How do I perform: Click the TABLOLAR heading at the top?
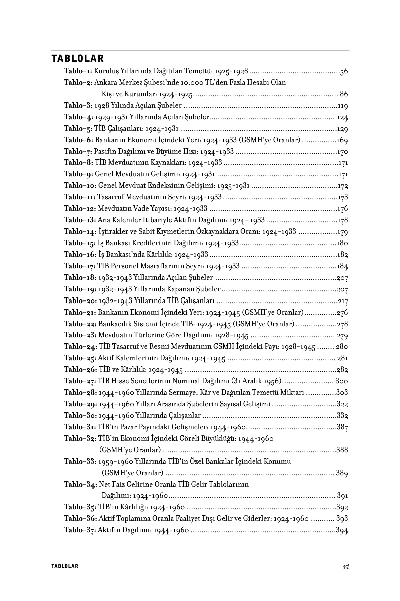77,59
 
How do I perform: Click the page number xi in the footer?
345,566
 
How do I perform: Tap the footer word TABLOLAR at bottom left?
65,566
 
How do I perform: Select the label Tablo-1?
78,71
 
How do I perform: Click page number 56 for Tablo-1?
344,71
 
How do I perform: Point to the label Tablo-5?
78,128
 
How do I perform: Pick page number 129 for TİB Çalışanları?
342,128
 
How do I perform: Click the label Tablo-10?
80,185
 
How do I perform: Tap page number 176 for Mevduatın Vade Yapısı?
342,208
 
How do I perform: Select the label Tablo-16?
80,254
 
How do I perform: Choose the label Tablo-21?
80,312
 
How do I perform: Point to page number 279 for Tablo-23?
342,335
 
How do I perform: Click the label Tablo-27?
80,380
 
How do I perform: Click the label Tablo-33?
80,461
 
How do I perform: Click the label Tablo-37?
80,530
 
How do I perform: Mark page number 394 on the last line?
342,530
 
